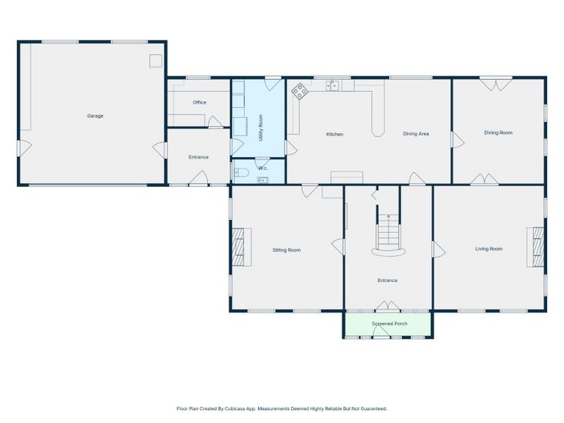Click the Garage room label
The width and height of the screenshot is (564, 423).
coord(95,116)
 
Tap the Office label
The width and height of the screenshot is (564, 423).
coord(200,102)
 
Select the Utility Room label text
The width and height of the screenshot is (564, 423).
coord(261,127)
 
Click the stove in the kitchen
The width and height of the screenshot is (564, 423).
coord(299,91)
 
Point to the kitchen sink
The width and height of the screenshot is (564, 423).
coord(332,86)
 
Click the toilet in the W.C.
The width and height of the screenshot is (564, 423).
coord(242,173)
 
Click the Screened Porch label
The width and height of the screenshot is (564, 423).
coord(389,324)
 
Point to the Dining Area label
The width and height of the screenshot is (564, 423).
coord(416,134)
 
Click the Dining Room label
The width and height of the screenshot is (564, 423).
coord(498,133)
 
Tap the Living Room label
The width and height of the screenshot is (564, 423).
coord(489,249)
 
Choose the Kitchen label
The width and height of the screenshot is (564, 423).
coord(334,135)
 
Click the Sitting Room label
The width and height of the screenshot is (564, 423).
coord(286,250)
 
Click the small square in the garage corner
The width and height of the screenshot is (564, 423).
coord(156,60)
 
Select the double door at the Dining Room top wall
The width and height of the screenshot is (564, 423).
coord(496,84)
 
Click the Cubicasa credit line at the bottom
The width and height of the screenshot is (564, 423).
coord(282,408)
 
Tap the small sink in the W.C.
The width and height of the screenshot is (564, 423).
coord(263,180)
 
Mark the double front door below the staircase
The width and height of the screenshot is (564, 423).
coord(388,305)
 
